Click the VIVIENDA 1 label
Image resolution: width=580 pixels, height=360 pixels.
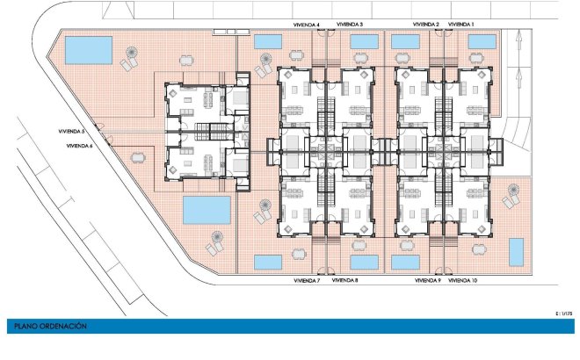[x=460, y=25]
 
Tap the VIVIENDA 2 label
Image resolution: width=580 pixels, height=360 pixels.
[x=425, y=25]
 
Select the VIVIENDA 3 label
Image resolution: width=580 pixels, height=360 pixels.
[x=350, y=25]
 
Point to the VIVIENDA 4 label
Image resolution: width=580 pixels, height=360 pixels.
[x=307, y=25]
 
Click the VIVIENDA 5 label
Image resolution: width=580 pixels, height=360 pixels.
[x=71, y=131]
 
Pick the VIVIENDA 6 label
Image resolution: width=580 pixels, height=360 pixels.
[x=79, y=146]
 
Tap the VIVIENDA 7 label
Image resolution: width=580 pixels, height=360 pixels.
[x=307, y=281]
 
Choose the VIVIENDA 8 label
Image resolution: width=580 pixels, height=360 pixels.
[x=344, y=280]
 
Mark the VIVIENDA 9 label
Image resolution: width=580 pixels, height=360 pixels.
[x=428, y=281]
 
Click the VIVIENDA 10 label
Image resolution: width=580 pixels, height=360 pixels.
[x=463, y=281]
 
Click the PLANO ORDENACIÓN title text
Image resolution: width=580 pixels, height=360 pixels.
[x=50, y=327]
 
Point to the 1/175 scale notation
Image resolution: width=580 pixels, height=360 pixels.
[x=563, y=313]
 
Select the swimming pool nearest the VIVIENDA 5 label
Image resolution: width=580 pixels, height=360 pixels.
[x=89, y=50]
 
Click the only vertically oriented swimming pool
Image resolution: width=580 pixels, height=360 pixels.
[x=517, y=252]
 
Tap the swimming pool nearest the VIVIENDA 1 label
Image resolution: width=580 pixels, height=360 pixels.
[x=482, y=42]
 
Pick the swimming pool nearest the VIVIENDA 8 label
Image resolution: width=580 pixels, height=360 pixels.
[x=365, y=262]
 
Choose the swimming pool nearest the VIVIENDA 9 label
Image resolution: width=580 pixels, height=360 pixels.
[x=405, y=262]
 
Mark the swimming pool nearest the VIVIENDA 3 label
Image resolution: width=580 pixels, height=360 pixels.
[x=365, y=42]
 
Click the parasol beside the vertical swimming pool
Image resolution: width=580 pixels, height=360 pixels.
[x=513, y=190]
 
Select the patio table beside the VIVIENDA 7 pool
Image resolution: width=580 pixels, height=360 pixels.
[x=299, y=254]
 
